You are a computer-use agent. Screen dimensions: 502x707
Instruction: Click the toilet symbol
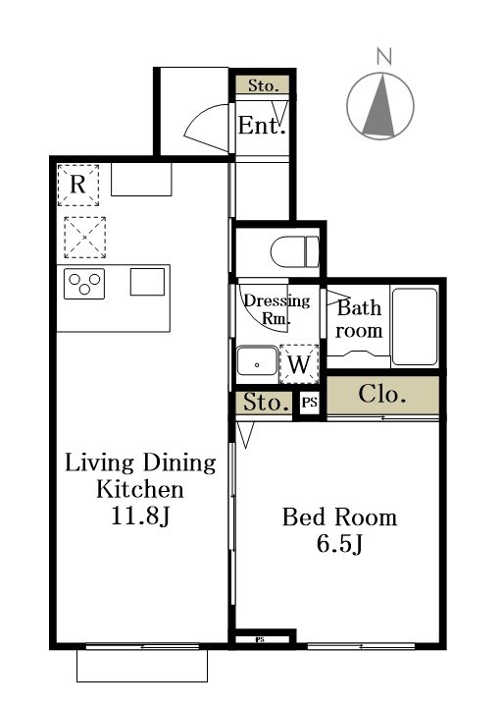(x=294, y=251)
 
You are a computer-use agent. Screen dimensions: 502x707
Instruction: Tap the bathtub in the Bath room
(x=415, y=327)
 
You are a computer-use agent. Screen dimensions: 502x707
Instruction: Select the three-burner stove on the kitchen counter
(x=84, y=284)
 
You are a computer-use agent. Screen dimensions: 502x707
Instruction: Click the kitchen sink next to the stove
(x=147, y=282)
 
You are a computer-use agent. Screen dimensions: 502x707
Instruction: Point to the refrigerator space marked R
(x=77, y=186)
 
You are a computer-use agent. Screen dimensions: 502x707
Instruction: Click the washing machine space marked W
(x=299, y=364)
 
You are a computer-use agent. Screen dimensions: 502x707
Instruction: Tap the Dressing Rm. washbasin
(x=257, y=360)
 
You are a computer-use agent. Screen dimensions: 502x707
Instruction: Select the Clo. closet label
(x=382, y=395)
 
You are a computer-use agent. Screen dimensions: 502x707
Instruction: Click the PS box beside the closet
(x=309, y=402)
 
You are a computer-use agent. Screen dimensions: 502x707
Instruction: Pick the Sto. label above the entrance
(x=263, y=85)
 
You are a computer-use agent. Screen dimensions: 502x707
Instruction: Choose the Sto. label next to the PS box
(x=266, y=402)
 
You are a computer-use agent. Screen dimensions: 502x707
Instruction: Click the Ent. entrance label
(x=262, y=126)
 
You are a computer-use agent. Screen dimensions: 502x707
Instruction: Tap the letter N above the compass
(x=384, y=57)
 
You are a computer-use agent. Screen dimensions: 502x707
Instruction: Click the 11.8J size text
(x=140, y=517)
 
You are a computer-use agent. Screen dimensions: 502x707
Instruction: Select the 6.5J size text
(x=340, y=544)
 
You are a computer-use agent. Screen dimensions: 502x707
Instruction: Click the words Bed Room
(x=340, y=517)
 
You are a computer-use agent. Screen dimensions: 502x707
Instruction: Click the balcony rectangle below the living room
(x=142, y=666)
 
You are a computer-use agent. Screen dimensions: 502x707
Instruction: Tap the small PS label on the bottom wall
(x=259, y=639)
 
